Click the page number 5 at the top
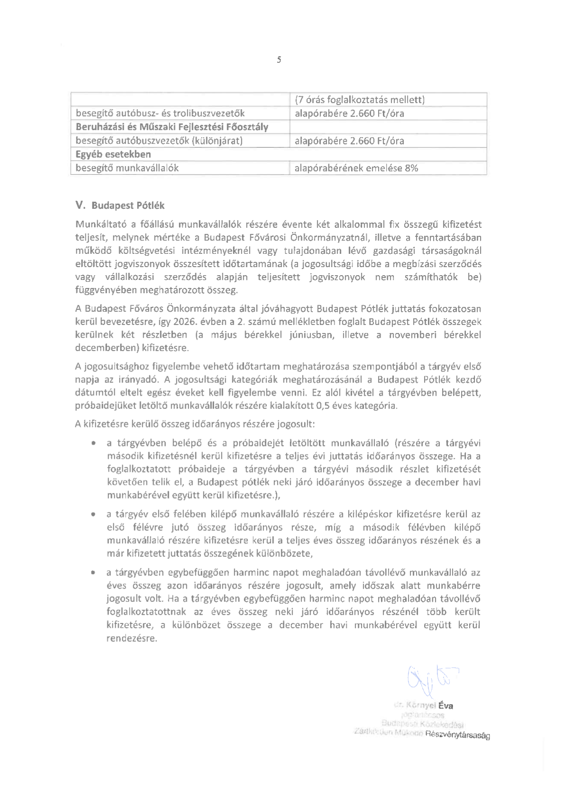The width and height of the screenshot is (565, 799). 279,60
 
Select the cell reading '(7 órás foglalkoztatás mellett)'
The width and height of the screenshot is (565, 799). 360,100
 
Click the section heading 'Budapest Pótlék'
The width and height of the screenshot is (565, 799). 128,206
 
